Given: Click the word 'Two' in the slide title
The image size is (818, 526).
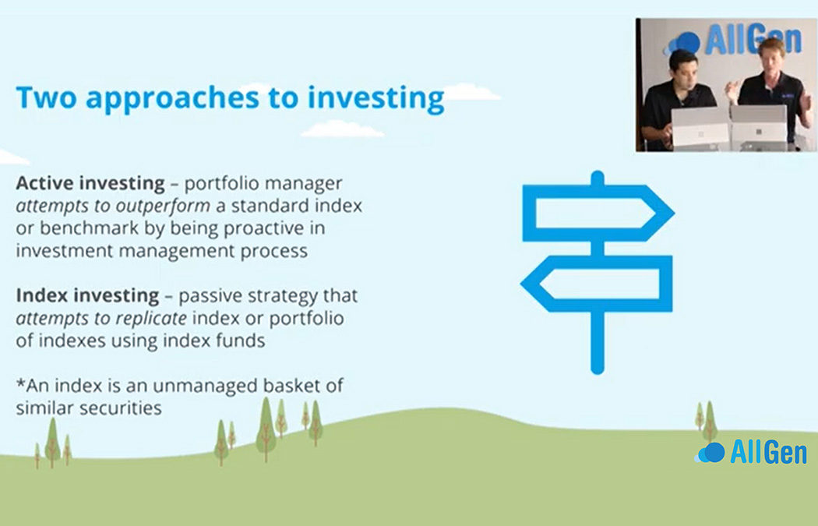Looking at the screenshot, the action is pyautogui.click(x=47, y=97).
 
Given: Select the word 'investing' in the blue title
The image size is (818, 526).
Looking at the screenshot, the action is pyautogui.click(x=376, y=99).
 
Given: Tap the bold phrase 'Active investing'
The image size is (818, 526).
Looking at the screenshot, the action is pyautogui.click(x=90, y=184).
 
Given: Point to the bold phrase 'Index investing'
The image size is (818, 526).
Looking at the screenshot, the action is pyautogui.click(x=87, y=296).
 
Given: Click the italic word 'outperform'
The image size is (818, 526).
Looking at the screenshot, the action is pyautogui.click(x=164, y=207).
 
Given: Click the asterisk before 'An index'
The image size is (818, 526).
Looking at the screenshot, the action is pyautogui.click(x=21, y=383).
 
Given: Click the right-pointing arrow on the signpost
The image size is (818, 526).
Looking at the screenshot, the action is pyautogui.click(x=599, y=213).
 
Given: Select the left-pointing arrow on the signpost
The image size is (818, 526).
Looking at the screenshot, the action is pyautogui.click(x=597, y=284).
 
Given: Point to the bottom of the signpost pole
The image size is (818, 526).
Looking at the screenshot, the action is pyautogui.click(x=598, y=369).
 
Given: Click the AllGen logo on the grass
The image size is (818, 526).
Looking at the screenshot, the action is pyautogui.click(x=751, y=452).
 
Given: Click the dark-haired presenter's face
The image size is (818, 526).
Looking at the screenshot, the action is pyautogui.click(x=682, y=70).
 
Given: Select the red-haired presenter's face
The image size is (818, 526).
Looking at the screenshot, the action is pyautogui.click(x=768, y=61).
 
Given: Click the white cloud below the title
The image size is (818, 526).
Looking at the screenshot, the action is pyautogui.click(x=342, y=129).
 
